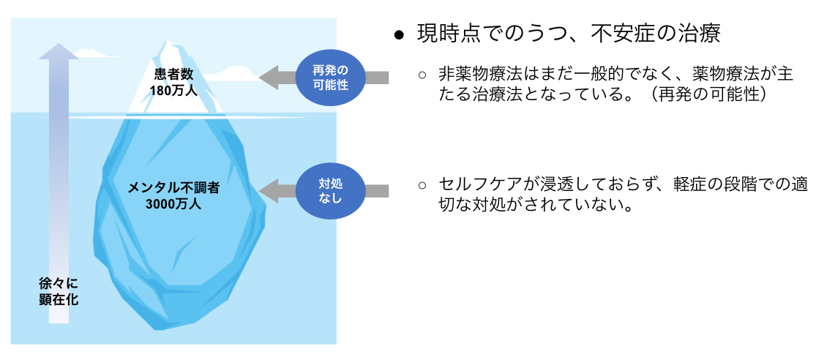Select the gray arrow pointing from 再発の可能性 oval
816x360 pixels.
click(x=278, y=76)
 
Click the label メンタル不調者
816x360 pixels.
click(x=173, y=187)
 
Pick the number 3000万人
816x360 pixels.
click(x=173, y=203)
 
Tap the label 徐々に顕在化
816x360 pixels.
click(x=59, y=290)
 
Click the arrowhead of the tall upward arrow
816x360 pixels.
click(x=59, y=52)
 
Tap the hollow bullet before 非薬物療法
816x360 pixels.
click(x=422, y=75)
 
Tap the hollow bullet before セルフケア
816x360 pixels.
click(x=422, y=186)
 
